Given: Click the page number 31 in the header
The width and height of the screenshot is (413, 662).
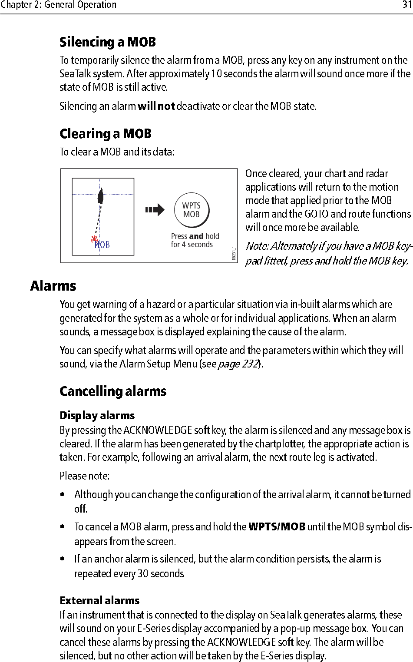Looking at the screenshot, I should click(406, 5).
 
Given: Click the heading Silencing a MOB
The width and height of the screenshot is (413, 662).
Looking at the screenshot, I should click(108, 42).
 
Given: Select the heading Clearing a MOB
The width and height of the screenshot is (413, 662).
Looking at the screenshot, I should click(106, 134).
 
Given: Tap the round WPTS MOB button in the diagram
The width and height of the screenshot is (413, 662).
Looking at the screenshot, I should click(192, 210).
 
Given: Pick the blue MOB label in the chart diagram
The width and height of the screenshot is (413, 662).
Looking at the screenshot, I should click(102, 245).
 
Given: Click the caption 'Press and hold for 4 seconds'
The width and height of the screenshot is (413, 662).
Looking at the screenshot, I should click(195, 240).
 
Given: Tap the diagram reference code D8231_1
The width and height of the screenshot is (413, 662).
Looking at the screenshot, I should click(234, 253).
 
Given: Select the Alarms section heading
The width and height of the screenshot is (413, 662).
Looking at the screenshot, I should click(53, 286).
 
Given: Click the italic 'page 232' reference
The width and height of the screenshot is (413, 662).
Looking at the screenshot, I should click(238, 364).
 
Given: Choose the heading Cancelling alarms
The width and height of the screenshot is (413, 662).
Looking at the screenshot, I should click(113, 391).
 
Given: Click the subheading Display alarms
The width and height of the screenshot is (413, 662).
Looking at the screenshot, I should click(97, 416).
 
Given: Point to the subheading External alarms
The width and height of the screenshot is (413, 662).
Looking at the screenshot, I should click(99, 601).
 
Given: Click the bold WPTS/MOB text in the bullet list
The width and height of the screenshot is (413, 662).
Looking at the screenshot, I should click(277, 527).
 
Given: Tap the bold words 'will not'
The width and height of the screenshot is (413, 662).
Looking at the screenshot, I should click(156, 106).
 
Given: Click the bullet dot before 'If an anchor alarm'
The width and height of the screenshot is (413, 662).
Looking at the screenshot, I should click(63, 559).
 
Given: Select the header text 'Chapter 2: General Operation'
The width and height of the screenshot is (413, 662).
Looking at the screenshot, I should click(58, 5).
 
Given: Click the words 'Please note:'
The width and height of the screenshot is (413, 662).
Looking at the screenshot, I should click(84, 476).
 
